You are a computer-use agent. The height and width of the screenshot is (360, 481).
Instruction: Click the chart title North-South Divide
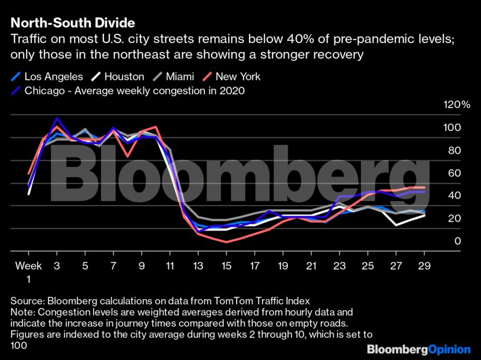[73, 24]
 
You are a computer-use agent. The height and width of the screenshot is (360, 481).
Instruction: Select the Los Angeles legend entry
[45, 76]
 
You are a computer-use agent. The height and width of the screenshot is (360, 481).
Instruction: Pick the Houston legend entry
[118, 76]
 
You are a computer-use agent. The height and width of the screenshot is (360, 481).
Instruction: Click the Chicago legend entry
[128, 90]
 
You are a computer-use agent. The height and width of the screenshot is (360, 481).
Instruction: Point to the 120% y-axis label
[456, 105]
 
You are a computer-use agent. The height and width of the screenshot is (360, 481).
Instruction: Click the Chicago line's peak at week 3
[57, 118]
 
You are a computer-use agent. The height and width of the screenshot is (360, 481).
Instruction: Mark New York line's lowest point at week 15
[226, 242]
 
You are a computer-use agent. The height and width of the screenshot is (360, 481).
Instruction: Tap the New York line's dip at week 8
[128, 156]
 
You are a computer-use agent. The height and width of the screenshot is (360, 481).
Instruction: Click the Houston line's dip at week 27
[396, 225]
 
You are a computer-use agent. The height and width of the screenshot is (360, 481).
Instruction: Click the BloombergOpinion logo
[418, 349]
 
